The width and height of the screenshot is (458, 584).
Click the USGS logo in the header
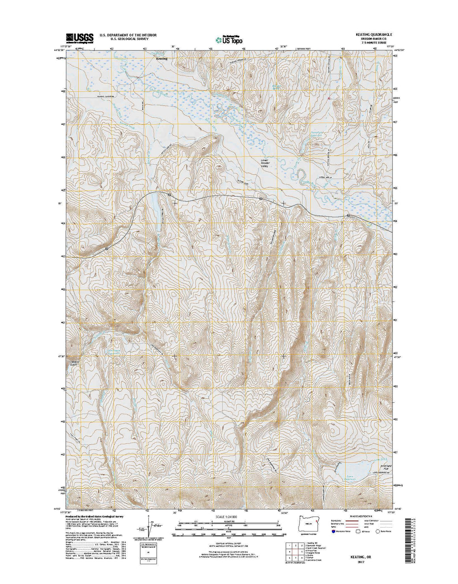pyautogui.click(x=79, y=38)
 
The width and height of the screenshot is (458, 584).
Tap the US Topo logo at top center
pyautogui.click(x=229, y=39)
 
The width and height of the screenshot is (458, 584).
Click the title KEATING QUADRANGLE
pyautogui.click(x=368, y=35)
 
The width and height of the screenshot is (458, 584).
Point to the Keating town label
pyautogui.click(x=162, y=58)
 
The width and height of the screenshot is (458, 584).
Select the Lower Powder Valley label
pyautogui.click(x=264, y=163)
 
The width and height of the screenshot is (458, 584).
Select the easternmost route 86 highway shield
pyautogui.click(x=348, y=216)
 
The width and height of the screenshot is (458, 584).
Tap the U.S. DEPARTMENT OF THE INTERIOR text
pyautogui.click(x=128, y=35)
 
